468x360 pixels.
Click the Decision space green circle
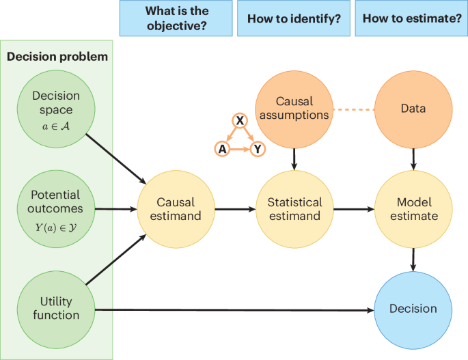tap(56, 109)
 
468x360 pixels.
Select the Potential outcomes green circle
tap(56, 208)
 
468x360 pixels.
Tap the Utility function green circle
tap(56, 307)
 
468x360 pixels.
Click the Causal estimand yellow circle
tap(176, 208)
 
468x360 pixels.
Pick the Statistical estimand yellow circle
tap(294, 208)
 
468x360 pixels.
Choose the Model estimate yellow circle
tap(413, 208)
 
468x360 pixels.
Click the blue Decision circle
tap(413, 309)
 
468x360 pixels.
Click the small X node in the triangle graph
tap(240, 122)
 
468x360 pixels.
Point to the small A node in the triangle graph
tap(221, 148)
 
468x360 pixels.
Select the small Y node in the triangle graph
tap(258, 148)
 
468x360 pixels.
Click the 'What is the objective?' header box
tap(175, 18)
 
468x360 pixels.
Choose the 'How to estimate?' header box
tap(411, 18)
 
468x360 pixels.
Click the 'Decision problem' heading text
tap(57, 57)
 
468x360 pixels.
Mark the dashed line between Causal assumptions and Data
tap(353, 109)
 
